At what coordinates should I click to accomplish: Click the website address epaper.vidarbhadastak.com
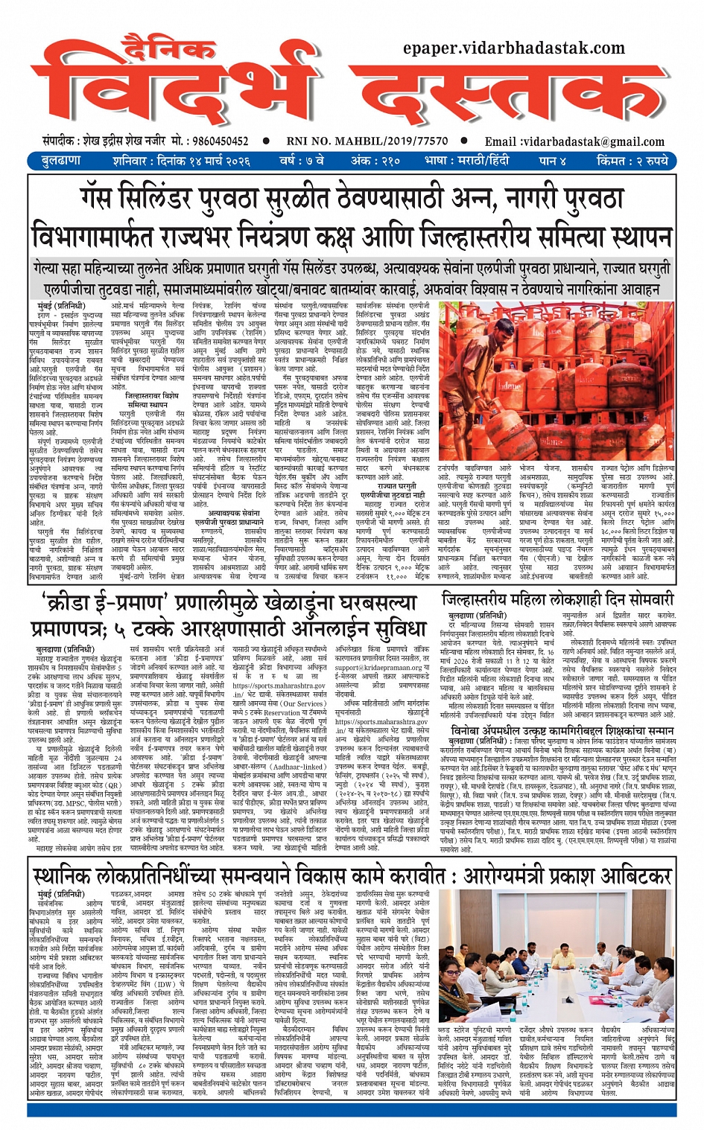coord(513,48)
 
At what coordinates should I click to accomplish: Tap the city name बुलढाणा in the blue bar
coord(61,161)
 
